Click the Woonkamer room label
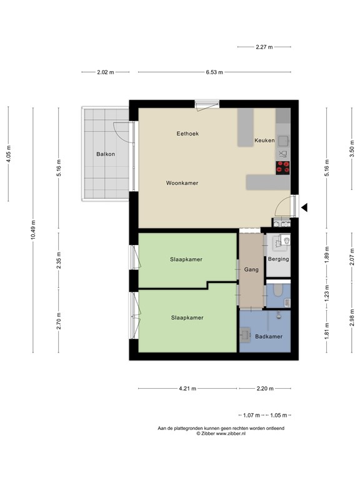pyautogui.click(x=182, y=183)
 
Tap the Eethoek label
pyautogui.click(x=187, y=134)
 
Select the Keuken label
pyautogui.click(x=264, y=141)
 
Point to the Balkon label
pyautogui.click(x=105, y=154)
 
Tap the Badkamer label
pyautogui.click(x=268, y=337)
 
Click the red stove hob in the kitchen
pyautogui.click(x=283, y=166)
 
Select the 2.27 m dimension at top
pyautogui.click(x=264, y=46)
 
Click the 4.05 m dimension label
pyautogui.click(x=8, y=153)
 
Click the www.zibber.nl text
pyautogui.click(x=228, y=433)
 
